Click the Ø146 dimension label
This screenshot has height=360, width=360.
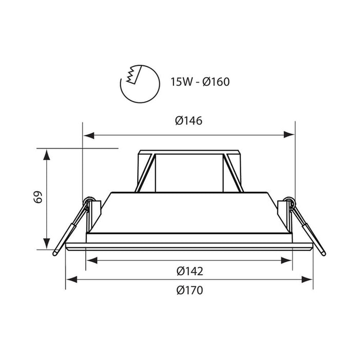click(189, 121)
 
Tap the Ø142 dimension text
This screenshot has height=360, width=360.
click(190, 271)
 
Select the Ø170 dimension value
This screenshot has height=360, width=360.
click(190, 290)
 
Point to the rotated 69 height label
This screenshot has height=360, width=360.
click(38, 197)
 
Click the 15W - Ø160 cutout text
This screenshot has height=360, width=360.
click(200, 82)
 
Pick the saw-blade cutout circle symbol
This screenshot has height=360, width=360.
click(140, 84)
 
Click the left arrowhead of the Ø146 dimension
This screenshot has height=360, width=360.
click(89, 135)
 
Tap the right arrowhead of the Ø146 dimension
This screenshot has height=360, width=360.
click(289, 135)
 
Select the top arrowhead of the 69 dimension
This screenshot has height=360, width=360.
click(47, 154)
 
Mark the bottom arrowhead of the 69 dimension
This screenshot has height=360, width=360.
click(47, 244)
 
